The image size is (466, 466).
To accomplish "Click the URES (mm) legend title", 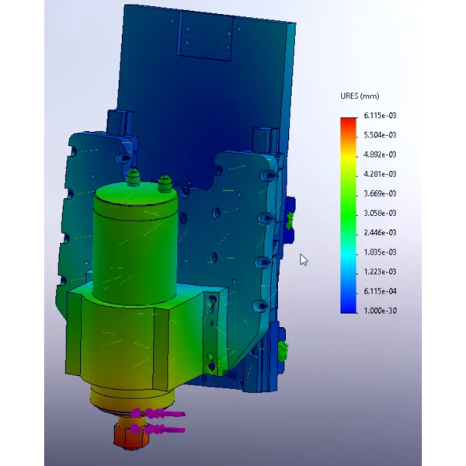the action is point(360,96).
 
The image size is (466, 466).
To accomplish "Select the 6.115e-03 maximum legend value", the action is point(380,115).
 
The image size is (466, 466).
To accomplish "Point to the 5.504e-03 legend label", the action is point(380,135).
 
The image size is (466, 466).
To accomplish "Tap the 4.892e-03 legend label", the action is point(380,155).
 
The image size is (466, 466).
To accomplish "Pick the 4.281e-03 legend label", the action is point(380,174).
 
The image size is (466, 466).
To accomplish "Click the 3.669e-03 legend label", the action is point(380,193).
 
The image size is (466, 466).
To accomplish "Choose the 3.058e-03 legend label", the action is point(380,213).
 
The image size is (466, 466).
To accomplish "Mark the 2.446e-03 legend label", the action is point(380,232).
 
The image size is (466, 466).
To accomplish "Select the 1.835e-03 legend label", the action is point(380,252).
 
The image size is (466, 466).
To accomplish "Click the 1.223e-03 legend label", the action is point(380,272).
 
